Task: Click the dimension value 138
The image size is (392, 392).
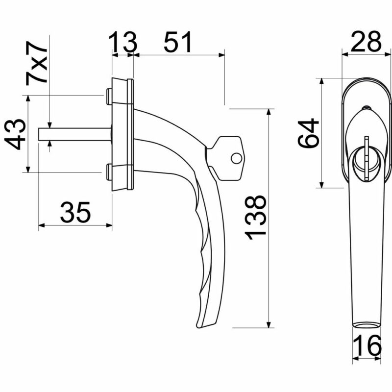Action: tap(255, 217)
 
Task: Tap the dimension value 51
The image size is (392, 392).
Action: tap(178, 42)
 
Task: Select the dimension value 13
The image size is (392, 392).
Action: tap(123, 42)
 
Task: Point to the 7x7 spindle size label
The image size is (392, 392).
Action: tap(36, 63)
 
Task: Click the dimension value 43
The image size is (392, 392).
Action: tap(15, 134)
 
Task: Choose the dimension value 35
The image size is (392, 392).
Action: tap(75, 212)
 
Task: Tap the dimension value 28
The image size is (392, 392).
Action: tap(366, 42)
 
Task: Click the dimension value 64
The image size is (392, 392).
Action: tap(308, 133)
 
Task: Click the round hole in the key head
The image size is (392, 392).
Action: tap(236, 158)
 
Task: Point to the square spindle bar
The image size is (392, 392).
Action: tap(75, 134)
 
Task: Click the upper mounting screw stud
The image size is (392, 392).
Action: tap(109, 96)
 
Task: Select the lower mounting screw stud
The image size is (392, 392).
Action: tap(109, 172)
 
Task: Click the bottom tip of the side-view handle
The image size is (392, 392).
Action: tap(198, 327)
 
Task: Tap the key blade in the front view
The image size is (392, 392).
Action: tap(367, 158)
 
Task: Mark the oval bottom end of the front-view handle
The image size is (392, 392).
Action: tap(366, 324)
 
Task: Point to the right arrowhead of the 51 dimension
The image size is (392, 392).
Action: tap(222, 55)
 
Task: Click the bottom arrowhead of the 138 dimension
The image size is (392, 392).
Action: tap(269, 324)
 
